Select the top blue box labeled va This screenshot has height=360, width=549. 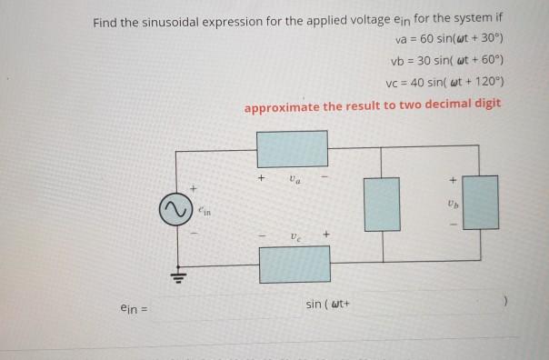tap(292, 148)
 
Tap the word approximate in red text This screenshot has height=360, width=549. tap(283, 105)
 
